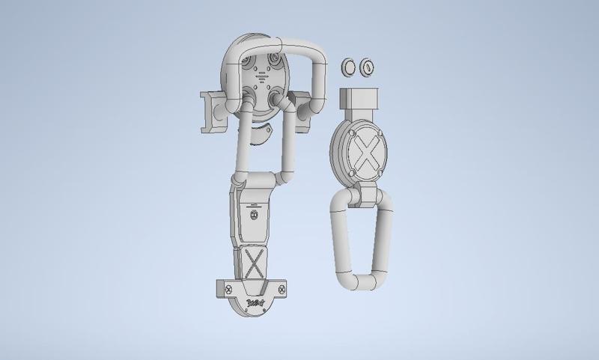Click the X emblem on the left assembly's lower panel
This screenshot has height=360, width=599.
(x=254, y=263)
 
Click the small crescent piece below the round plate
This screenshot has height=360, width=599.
(x=261, y=135)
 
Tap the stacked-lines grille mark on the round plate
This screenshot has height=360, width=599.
(x=263, y=76)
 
